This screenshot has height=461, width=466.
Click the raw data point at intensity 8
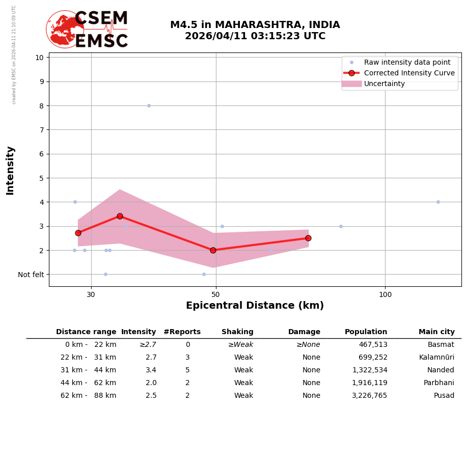(x=149, y=105)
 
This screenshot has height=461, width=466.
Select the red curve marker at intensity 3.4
(x=120, y=216)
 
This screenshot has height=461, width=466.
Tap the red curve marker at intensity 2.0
(x=213, y=250)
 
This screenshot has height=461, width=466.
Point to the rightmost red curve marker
(x=308, y=238)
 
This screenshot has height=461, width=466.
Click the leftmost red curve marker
(x=78, y=233)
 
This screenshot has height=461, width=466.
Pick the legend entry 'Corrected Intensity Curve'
(x=409, y=73)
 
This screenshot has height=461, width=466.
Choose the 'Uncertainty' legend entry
(x=384, y=84)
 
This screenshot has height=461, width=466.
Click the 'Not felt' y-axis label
(x=31, y=275)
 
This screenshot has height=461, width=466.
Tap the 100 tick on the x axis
(x=385, y=294)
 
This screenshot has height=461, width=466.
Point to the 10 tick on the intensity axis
(x=39, y=57)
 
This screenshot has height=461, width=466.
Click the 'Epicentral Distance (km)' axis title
(x=255, y=306)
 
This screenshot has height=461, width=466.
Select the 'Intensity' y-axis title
(x=10, y=170)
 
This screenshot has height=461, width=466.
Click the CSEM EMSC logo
(x=87, y=30)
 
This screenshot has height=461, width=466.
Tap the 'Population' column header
(x=366, y=332)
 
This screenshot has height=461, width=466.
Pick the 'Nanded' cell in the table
(x=441, y=370)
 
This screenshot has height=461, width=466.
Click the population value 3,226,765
(x=369, y=396)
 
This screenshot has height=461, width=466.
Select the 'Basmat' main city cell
(x=441, y=345)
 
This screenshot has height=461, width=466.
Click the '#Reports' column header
(x=182, y=332)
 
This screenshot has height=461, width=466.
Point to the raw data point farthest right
(x=438, y=202)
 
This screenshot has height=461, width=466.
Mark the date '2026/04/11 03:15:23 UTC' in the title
(x=255, y=37)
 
